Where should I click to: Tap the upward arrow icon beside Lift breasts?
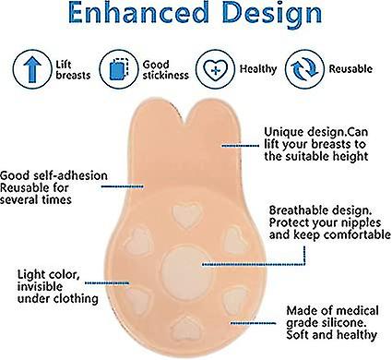tap(32, 69)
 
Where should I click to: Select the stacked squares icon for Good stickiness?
tap(119, 69)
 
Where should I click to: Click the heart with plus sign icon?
tap(216, 69)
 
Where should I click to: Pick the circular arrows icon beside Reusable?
tap(304, 69)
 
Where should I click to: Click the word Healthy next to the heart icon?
tap(258, 69)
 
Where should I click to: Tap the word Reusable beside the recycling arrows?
tap(350, 68)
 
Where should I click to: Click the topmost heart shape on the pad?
tap(187, 215)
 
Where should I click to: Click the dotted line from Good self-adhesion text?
tap(123, 186)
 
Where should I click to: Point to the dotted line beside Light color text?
tap(107, 282)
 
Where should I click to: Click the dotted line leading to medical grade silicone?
tap(254, 323)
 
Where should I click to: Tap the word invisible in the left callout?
tap(40, 286)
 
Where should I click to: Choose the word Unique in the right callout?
tap(284, 132)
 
